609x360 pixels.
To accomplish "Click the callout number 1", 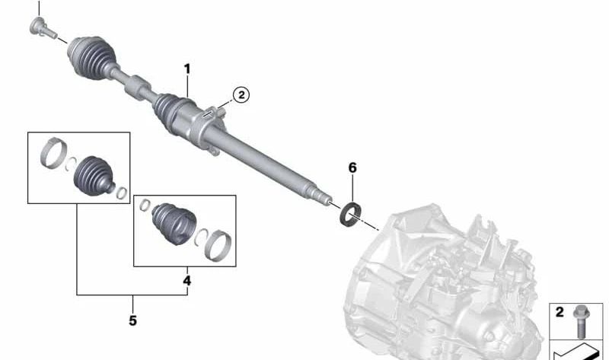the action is pyautogui.click(x=187, y=69).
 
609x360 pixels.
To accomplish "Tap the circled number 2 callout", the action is pyautogui.click(x=241, y=95).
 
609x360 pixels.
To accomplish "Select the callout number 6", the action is pyautogui.click(x=352, y=167).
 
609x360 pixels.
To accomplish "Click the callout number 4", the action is pyautogui.click(x=187, y=280).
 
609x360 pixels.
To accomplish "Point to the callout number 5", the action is pyautogui.click(x=132, y=320).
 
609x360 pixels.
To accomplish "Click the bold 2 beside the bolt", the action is pyautogui.click(x=560, y=312).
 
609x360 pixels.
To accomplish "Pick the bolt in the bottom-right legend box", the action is pyautogui.click(x=581, y=322).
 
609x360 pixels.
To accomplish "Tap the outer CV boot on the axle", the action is pyautogui.click(x=91, y=58).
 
